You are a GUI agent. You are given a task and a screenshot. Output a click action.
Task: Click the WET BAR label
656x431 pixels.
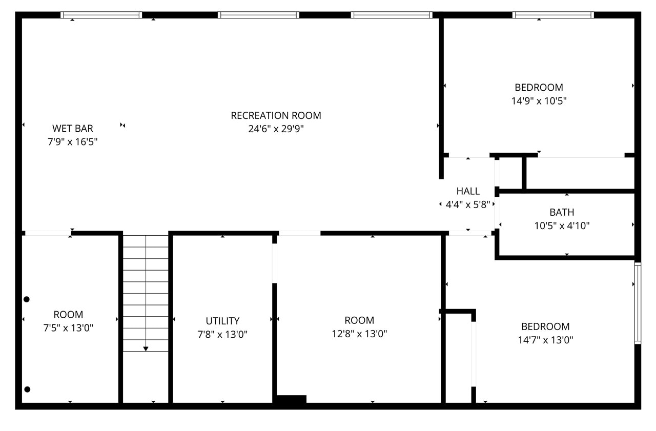pos(73,128)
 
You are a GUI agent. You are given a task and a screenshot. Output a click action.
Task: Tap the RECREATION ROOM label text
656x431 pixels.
pos(276,115)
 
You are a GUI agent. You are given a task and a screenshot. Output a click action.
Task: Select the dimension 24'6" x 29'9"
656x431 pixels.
pos(276,129)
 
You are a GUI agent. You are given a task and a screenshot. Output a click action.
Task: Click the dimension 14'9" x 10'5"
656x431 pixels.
pos(539,101)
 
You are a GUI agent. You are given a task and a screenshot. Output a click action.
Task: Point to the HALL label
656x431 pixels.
pos(468,191)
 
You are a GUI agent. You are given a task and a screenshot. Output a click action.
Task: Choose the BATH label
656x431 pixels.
pos(562,212)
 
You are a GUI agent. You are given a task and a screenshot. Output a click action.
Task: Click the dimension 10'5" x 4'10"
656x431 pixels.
pos(562,225)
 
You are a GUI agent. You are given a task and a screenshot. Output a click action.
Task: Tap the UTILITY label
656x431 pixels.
pos(222,321)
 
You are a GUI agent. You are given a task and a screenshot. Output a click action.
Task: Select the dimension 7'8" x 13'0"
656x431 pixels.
pos(222,335)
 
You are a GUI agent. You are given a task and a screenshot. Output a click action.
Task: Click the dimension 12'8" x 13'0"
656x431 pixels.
pos(359,334)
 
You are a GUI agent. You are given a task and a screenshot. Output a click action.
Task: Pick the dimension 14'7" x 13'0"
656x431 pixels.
pos(545,340)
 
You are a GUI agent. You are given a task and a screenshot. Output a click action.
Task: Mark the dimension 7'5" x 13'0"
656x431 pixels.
pos(68,328)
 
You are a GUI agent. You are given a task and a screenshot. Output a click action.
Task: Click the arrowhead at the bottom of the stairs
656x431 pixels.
pos(146,348)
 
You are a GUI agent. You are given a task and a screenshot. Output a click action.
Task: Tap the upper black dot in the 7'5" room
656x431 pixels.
pos(27,299)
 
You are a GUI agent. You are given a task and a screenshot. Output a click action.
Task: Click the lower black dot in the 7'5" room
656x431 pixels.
pos(27,389)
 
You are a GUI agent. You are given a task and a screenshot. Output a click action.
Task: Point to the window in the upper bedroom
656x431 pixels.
pos(553,15)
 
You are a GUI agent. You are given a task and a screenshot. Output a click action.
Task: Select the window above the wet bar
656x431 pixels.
pos(101,15)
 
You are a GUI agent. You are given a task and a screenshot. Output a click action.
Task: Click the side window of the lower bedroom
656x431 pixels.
pos(638,303)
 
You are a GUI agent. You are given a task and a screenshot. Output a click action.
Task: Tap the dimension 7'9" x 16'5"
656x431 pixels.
pos(73,141)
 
